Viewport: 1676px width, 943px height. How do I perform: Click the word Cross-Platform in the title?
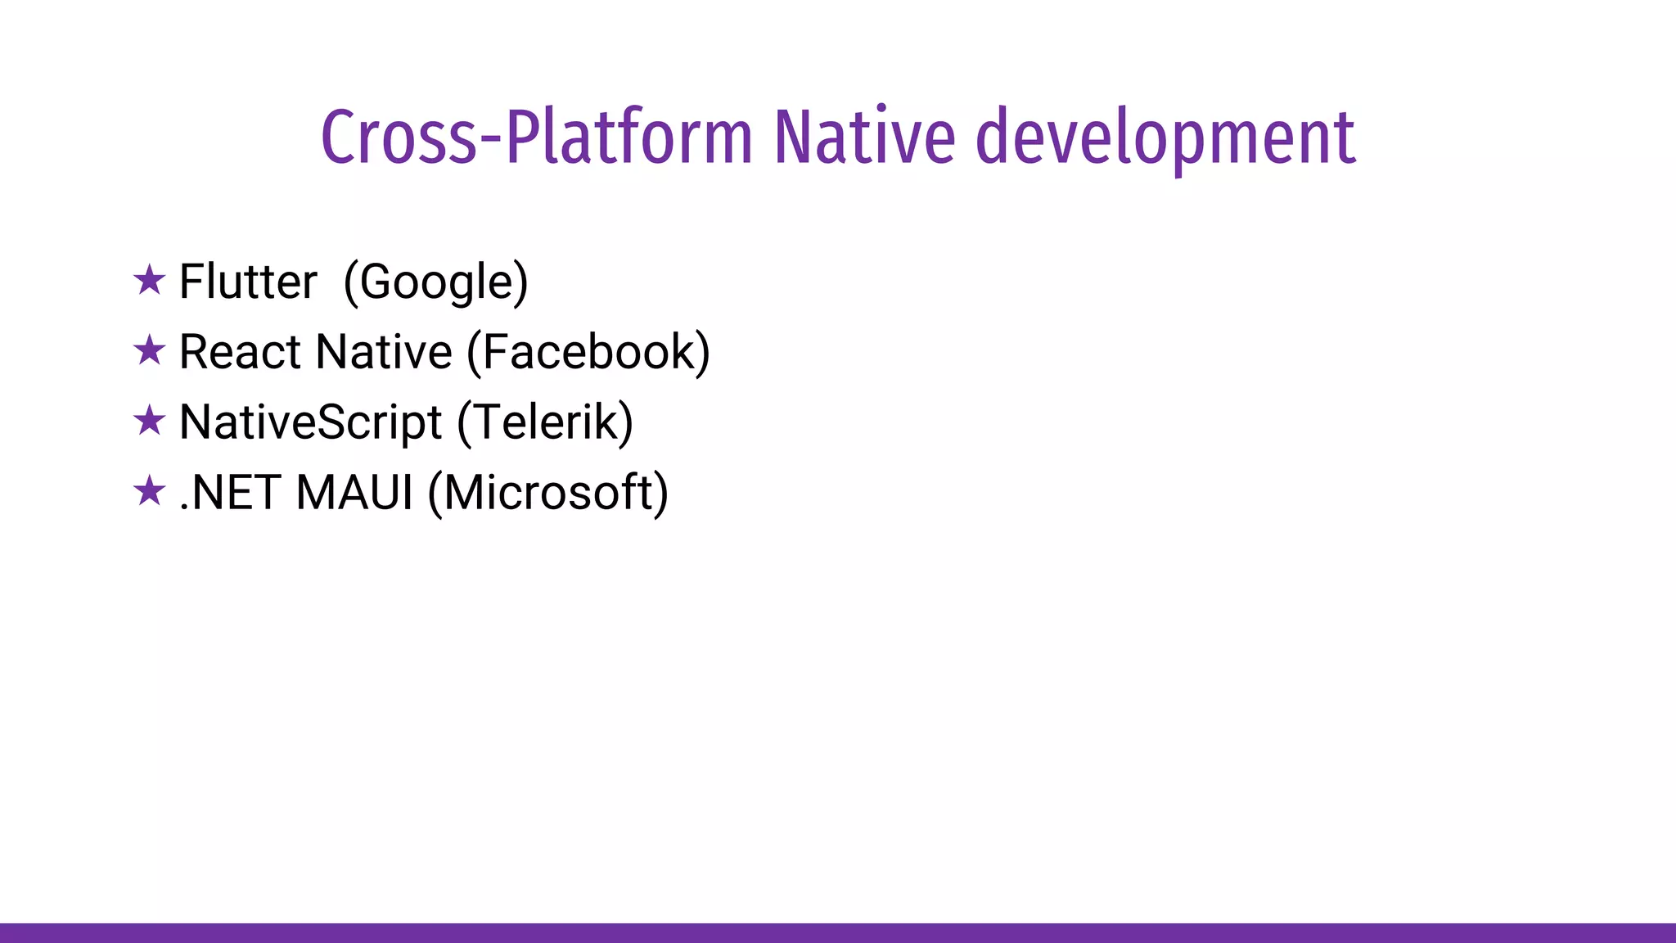click(x=536, y=137)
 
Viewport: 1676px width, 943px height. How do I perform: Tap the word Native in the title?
click(x=864, y=137)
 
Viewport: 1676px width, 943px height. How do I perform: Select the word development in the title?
click(x=1165, y=137)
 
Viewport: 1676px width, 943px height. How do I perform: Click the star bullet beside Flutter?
click(x=149, y=281)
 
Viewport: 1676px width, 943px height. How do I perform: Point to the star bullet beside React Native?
click(x=149, y=351)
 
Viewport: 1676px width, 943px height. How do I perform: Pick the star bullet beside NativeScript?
click(x=149, y=422)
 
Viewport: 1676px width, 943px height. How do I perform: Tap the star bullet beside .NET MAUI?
click(x=149, y=492)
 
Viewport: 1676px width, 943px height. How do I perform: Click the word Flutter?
click(x=248, y=282)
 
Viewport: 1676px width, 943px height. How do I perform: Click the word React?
click(x=240, y=352)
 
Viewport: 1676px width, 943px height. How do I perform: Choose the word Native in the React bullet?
click(x=384, y=352)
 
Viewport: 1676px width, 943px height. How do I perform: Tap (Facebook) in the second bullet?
click(x=588, y=353)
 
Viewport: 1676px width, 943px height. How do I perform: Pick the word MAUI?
click(x=354, y=493)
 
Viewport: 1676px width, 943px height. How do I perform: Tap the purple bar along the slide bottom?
click(x=838, y=932)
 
